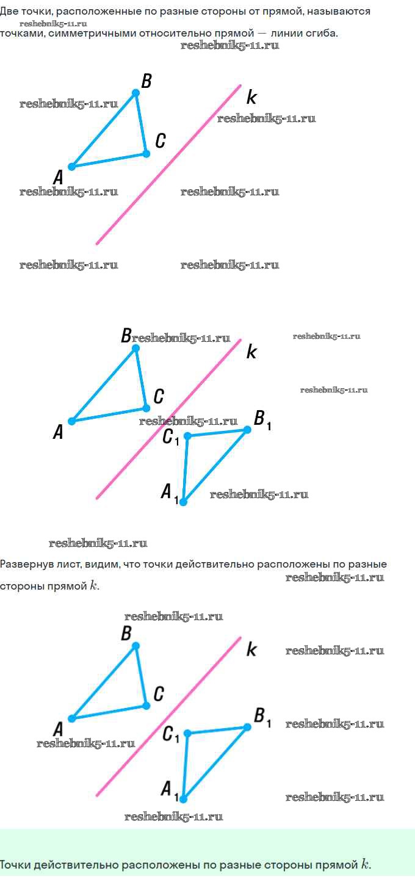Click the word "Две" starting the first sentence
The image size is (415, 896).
click(x=9, y=12)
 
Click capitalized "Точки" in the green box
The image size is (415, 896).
click(x=15, y=865)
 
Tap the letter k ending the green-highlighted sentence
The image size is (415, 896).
click(x=365, y=864)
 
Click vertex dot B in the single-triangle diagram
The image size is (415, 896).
click(x=136, y=93)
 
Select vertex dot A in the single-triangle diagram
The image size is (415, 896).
click(x=71, y=167)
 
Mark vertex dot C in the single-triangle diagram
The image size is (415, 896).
click(x=146, y=153)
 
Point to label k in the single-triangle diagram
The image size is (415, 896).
click(x=251, y=98)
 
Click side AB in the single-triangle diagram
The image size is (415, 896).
click(x=104, y=129)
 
